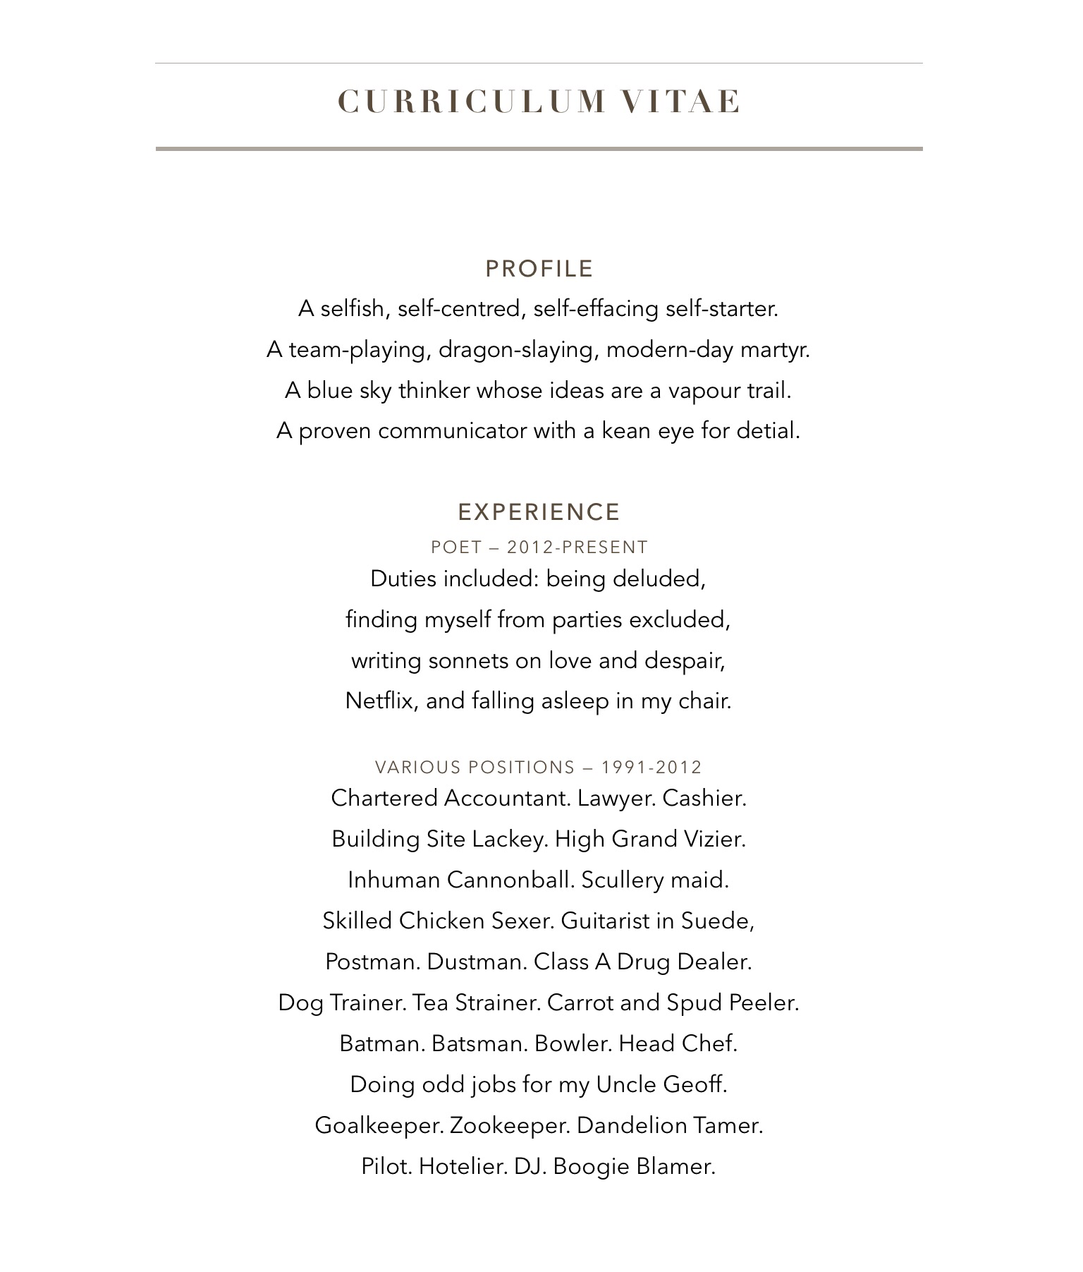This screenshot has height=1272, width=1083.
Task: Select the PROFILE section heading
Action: point(539,269)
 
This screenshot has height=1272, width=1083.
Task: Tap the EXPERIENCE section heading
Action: point(539,511)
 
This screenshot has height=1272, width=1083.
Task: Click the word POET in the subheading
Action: point(455,547)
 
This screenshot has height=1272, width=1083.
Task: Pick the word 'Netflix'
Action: point(381,701)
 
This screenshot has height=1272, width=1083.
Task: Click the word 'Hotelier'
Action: point(463,1166)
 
